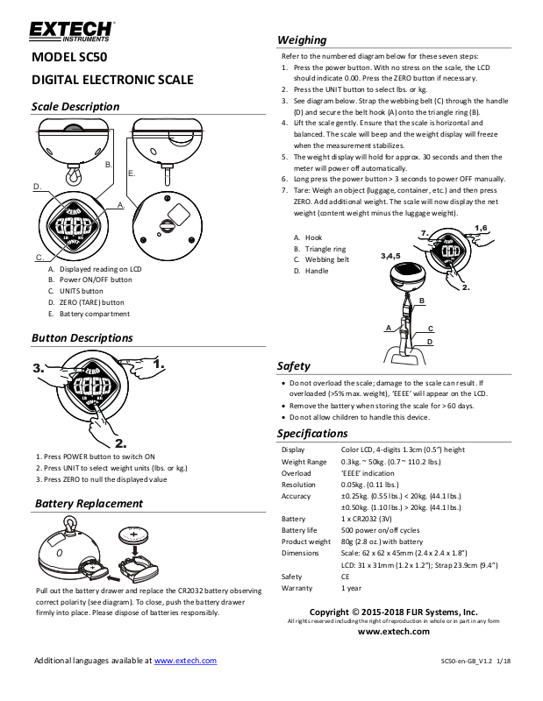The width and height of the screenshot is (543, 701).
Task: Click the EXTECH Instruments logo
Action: [71, 33]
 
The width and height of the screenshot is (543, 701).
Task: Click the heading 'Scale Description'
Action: [75, 107]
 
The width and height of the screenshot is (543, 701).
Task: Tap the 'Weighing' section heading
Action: [301, 40]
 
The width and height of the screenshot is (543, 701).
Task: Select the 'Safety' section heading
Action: [293, 365]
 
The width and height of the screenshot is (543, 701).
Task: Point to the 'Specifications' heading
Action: [312, 434]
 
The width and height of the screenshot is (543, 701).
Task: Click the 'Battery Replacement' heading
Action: [87, 504]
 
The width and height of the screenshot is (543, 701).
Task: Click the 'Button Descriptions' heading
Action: [82, 337]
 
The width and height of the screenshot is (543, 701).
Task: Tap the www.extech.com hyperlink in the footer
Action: [185, 660]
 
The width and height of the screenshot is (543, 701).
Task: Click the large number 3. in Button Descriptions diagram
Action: [39, 369]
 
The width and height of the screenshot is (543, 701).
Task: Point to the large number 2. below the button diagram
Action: [121, 443]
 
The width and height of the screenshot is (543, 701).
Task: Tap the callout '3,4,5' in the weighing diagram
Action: [391, 256]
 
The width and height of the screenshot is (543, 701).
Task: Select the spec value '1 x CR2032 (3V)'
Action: [373, 520]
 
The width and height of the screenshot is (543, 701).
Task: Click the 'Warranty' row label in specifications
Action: [297, 588]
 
